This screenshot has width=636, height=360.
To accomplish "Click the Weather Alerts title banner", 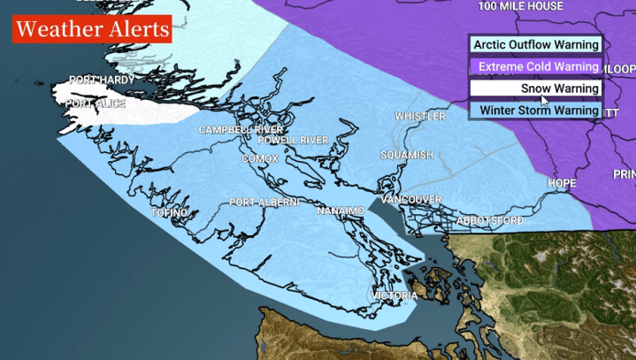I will click(x=91, y=29).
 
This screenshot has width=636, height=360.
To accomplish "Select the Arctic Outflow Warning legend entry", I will click(x=536, y=44).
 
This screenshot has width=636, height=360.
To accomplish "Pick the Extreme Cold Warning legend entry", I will click(x=536, y=66).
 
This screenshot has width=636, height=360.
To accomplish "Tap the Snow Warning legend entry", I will click(x=536, y=88).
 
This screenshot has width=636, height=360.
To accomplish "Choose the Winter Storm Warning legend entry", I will click(x=536, y=111).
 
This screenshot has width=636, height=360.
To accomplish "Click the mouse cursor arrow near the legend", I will click(x=545, y=101).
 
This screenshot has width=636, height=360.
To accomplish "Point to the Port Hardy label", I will click(x=102, y=80).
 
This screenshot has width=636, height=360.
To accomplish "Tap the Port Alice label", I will click(x=95, y=103).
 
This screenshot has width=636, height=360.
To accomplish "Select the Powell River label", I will click(x=293, y=140).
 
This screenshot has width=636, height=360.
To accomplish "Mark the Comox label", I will click(x=260, y=158).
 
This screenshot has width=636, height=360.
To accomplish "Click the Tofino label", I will click(x=170, y=213).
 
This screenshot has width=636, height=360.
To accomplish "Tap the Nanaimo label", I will click(x=341, y=212).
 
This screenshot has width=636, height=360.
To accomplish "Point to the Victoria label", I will click(x=393, y=295).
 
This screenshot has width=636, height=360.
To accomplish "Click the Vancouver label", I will click(x=411, y=200).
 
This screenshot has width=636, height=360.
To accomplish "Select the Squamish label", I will click(x=407, y=155).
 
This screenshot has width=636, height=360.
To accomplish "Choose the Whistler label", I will click(x=420, y=116).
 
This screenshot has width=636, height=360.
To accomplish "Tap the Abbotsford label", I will click(x=490, y=220).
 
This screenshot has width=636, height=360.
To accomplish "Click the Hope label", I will click(x=562, y=184).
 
